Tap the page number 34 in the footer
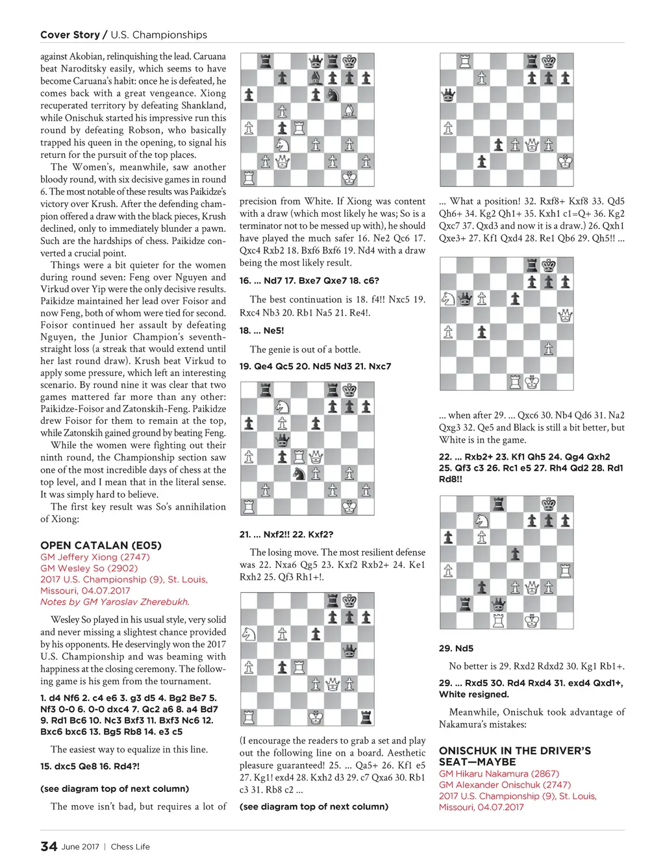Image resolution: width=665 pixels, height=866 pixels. [x=49, y=846]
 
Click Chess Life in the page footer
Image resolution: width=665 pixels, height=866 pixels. [x=130, y=847]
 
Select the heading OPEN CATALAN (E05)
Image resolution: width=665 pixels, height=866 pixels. [x=101, y=545]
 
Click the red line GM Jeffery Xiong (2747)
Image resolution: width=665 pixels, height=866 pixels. [x=95, y=557]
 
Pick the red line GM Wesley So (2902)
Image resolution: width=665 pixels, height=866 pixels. [x=89, y=568]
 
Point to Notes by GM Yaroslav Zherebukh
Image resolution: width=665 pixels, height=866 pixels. [x=115, y=602]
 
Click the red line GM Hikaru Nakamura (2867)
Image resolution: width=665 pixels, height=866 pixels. [x=499, y=774]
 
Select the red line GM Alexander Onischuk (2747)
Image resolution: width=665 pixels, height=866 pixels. [x=505, y=785]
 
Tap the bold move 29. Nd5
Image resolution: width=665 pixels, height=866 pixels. [x=456, y=649]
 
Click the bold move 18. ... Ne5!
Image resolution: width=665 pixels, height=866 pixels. [x=262, y=330]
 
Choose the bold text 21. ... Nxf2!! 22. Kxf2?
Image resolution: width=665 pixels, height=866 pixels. [x=286, y=534]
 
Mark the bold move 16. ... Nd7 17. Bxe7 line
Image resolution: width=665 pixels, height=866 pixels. [x=309, y=280]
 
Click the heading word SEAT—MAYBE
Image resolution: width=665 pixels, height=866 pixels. [x=477, y=762]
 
